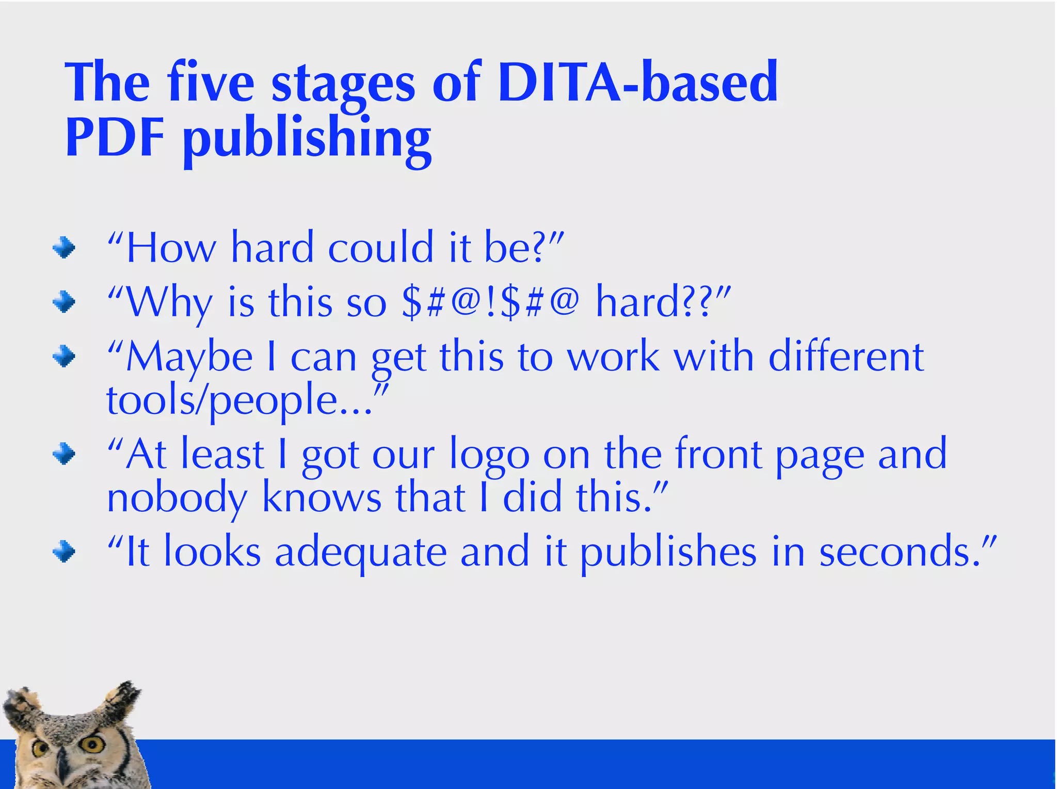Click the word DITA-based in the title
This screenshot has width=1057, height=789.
pyautogui.click(x=638, y=83)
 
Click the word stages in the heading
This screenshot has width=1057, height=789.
pyautogui.click(x=343, y=85)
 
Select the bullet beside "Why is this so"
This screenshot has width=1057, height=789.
pyautogui.click(x=64, y=302)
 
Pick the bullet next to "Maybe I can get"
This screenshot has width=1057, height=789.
pyautogui.click(x=64, y=357)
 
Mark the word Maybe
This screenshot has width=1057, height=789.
pyautogui.click(x=189, y=358)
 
